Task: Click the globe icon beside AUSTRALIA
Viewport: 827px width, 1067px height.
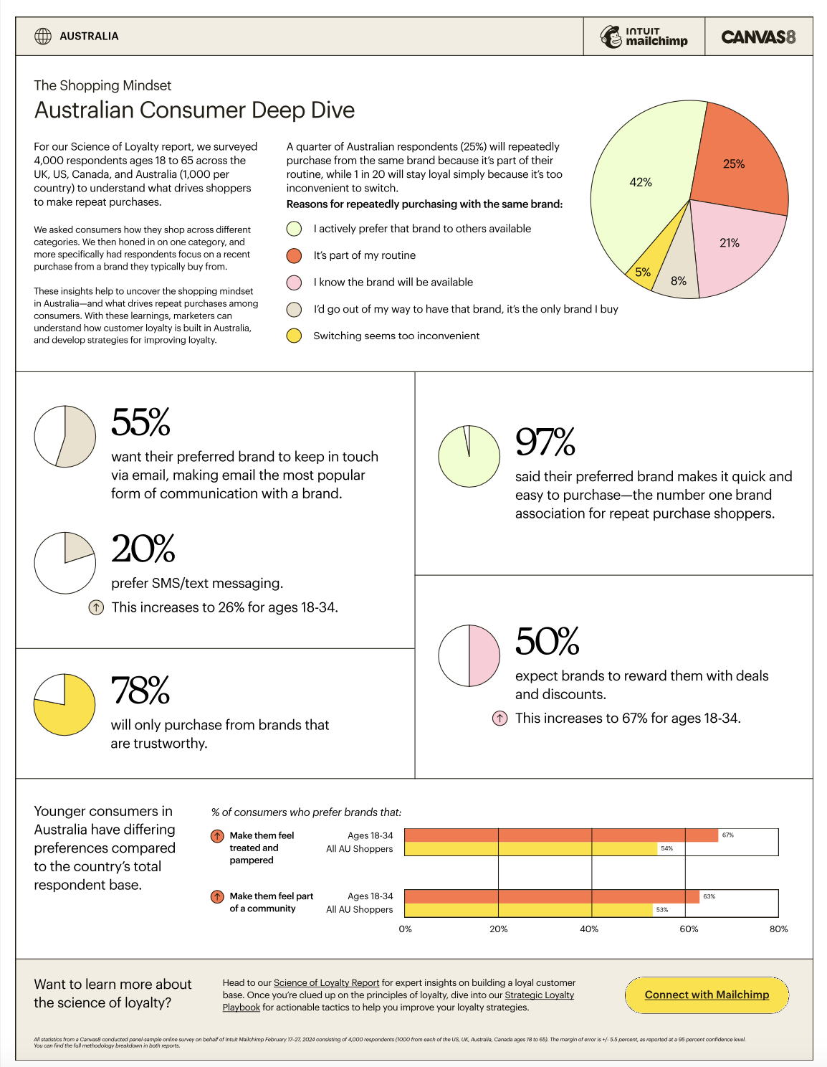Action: click(x=43, y=37)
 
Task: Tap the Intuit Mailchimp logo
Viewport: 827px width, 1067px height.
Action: click(x=644, y=37)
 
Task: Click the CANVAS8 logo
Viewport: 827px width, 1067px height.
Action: click(x=757, y=37)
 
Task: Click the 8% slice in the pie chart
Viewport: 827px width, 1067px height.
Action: click(x=677, y=278)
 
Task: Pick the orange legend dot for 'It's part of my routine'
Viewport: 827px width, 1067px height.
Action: click(x=294, y=255)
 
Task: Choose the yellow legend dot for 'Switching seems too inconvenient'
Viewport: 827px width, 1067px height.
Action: click(x=294, y=336)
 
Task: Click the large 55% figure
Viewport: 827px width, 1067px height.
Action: click(x=140, y=422)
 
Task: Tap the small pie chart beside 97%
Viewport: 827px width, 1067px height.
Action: click(x=469, y=456)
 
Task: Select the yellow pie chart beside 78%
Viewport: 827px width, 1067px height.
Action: click(x=64, y=705)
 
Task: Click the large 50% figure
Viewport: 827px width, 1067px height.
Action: click(x=547, y=641)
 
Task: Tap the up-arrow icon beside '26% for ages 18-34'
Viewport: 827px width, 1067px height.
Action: click(x=96, y=607)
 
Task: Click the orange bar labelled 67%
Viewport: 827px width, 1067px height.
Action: click(x=561, y=835)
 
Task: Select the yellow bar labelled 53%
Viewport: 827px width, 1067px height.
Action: click(x=529, y=910)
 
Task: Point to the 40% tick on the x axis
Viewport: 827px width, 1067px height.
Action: click(x=588, y=929)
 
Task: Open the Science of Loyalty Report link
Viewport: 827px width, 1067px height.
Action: click(x=326, y=982)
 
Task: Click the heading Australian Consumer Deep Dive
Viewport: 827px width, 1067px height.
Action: click(x=194, y=110)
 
